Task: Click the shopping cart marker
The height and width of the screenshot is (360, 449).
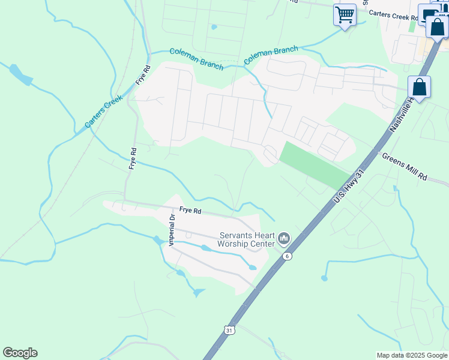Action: pos(345,15)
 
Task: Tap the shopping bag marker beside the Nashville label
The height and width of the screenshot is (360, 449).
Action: pos(419,88)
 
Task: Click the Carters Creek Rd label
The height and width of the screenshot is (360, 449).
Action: pos(393,14)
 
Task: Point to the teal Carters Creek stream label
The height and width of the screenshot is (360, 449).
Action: pos(103,111)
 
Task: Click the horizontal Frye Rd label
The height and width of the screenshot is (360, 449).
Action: pos(188,212)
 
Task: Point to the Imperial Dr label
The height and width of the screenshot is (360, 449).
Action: pos(172,229)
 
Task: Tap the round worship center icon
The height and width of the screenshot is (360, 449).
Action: pos(284,239)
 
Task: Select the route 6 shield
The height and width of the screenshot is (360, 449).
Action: pos(288,256)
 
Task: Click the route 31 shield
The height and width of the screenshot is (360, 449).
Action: pos(229,330)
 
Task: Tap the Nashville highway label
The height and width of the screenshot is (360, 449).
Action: pos(400,114)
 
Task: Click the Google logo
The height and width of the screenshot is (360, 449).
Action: pos(20,353)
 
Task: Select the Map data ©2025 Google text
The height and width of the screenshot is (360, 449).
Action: pos(411,355)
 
